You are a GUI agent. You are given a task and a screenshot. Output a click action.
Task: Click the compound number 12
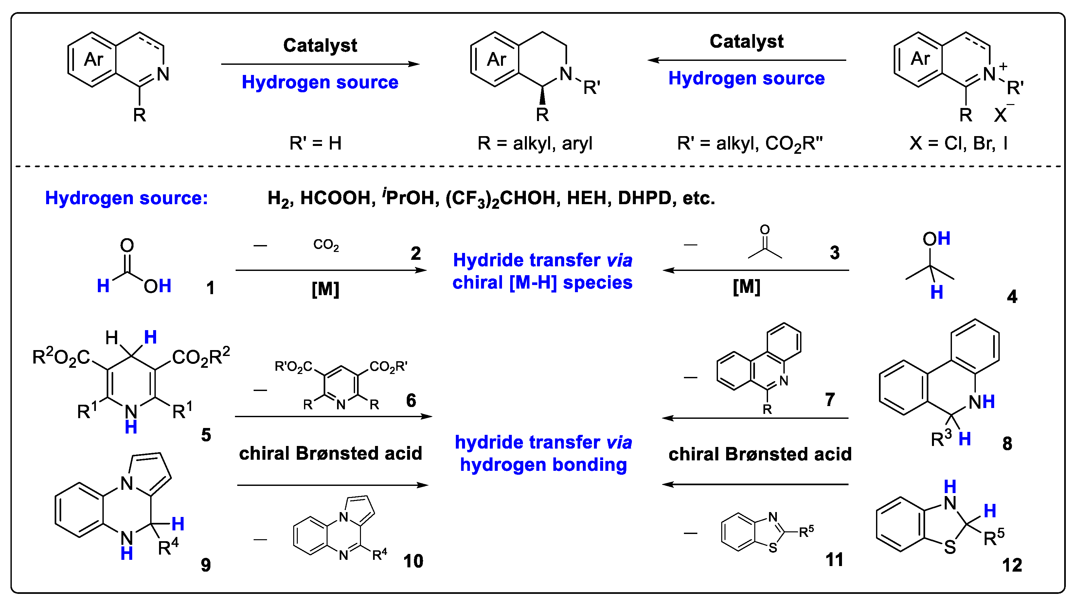(1012, 565)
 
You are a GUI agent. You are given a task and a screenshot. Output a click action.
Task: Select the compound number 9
(206, 565)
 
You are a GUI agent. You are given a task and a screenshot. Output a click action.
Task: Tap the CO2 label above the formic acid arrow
(326, 245)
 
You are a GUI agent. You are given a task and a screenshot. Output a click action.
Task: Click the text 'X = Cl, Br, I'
(958, 143)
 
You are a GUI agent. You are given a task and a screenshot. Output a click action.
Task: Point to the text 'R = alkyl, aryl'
(535, 143)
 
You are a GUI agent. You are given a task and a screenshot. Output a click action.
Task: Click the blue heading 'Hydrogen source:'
(126, 198)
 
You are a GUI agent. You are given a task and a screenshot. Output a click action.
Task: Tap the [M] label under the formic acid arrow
(326, 289)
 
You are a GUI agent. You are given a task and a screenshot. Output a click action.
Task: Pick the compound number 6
(411, 400)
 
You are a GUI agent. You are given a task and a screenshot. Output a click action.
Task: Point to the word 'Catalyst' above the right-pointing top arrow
(320, 45)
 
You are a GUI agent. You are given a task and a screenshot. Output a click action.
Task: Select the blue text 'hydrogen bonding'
(543, 464)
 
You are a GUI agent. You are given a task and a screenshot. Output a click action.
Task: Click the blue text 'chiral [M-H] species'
(543, 283)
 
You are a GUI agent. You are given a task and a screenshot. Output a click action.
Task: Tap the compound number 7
(830, 399)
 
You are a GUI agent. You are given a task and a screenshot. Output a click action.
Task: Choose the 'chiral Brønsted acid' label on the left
(331, 453)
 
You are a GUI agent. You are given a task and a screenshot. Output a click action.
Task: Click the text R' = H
(315, 143)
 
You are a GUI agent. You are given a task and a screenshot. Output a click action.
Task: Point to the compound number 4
(1012, 296)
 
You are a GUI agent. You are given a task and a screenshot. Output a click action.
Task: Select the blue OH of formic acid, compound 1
(158, 286)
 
